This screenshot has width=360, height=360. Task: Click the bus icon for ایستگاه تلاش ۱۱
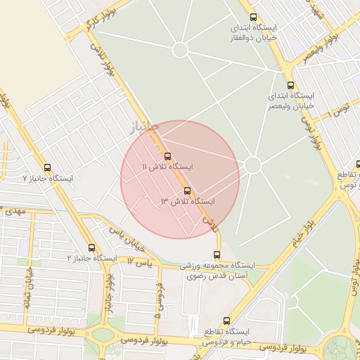(167, 156)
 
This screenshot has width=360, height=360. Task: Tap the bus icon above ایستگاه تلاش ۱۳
(187, 191)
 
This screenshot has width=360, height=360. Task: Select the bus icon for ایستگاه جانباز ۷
(47, 168)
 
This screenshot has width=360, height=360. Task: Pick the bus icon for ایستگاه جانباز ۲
(92, 247)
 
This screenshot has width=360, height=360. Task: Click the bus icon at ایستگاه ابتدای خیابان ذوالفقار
(253, 17)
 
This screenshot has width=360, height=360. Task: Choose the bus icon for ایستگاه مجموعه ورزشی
(217, 255)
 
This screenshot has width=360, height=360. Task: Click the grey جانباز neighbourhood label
(143, 128)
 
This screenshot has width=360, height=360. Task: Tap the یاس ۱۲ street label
(140, 262)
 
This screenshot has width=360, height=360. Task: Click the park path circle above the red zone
(180, 50)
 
